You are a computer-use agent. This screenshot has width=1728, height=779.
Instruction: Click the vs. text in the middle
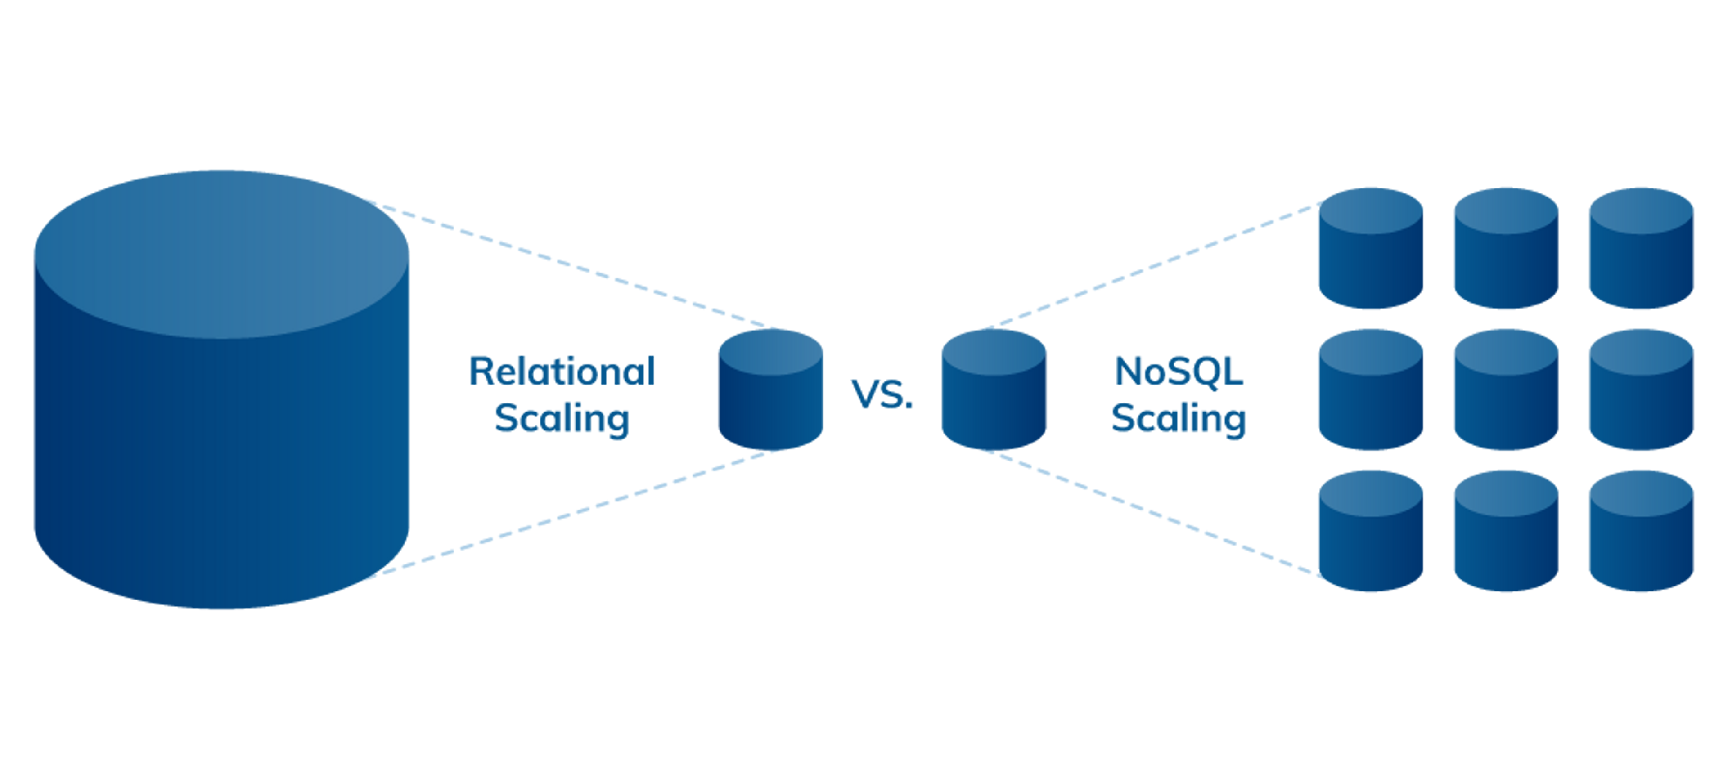[x=882, y=394]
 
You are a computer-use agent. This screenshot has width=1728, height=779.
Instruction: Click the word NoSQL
[x=1179, y=371]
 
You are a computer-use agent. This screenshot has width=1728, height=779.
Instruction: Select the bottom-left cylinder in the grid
[x=1370, y=532]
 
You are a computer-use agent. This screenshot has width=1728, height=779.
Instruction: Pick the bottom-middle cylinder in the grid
[x=1505, y=532]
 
